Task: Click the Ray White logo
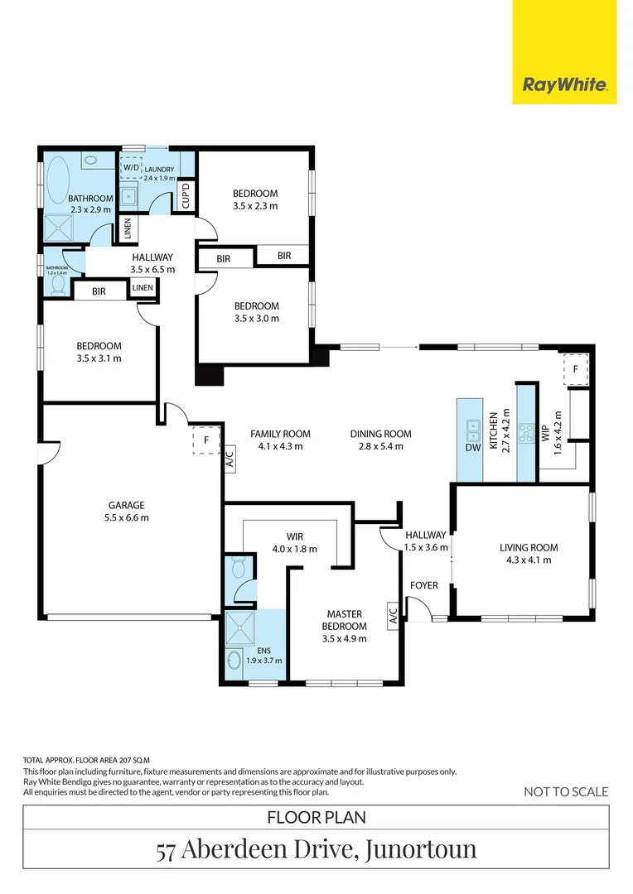pyautogui.click(x=565, y=84)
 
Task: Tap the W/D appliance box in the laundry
pyautogui.click(x=131, y=166)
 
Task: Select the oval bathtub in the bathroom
pyautogui.click(x=57, y=180)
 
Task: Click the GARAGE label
pyautogui.click(x=126, y=505)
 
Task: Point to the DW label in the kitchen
pyautogui.click(x=472, y=448)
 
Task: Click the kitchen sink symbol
pyautogui.click(x=472, y=429)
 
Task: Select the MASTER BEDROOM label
pyautogui.click(x=346, y=619)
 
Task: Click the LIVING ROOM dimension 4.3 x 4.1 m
pyautogui.click(x=528, y=560)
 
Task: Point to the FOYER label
pyautogui.click(x=423, y=585)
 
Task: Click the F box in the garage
pyautogui.click(x=205, y=440)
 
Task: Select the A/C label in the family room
pyautogui.click(x=230, y=460)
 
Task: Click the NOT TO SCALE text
pyautogui.click(x=566, y=791)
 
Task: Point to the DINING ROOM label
pyautogui.click(x=380, y=434)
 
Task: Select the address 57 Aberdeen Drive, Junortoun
pyautogui.click(x=316, y=850)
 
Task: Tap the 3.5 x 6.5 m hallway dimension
pyautogui.click(x=152, y=270)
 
